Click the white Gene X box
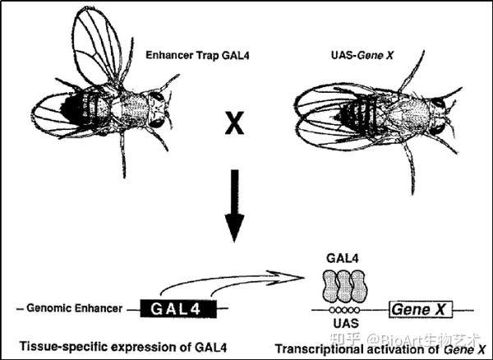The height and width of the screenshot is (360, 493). coord(422,309)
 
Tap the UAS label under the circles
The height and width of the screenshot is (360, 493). coord(343,325)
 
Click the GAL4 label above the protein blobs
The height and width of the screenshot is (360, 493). coord(343,257)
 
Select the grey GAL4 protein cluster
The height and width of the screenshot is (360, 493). coord(343,284)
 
